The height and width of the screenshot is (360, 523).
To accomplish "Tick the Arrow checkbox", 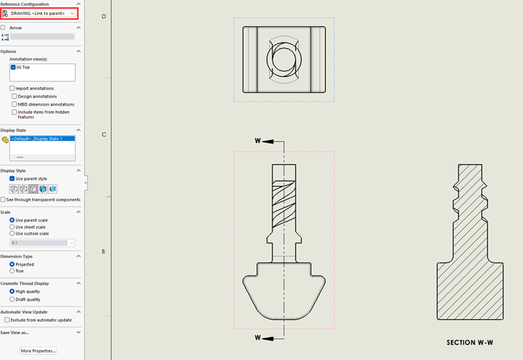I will [3, 28].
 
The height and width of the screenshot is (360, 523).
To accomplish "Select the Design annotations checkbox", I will [15, 97].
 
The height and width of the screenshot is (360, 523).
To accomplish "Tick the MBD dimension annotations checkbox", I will [15, 104].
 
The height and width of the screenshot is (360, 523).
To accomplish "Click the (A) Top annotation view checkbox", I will [13, 67].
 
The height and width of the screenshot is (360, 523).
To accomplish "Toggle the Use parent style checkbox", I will [12, 179].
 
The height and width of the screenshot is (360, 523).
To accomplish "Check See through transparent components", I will [3, 200].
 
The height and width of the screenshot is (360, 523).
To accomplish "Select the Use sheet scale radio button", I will [12, 226].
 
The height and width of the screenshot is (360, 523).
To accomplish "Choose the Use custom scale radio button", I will [12, 234].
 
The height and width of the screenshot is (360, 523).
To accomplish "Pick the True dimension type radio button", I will [12, 271].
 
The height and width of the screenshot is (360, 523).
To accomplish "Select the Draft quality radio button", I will [12, 299].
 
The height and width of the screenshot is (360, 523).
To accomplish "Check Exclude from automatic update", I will [7, 319].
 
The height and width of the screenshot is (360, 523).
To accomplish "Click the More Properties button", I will [38, 351].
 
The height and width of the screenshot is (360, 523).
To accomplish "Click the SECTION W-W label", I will [470, 341].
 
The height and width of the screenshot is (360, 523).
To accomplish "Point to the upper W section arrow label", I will [257, 140].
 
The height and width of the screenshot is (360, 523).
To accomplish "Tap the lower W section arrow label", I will [257, 337].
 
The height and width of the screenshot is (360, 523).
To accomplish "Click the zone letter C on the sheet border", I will [104, 134].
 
